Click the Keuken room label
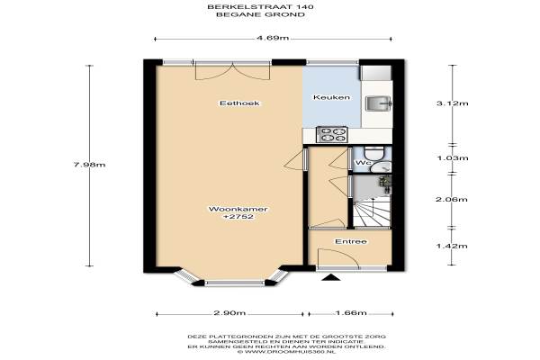pos(331,97)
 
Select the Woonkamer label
pos(238,209)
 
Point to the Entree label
pos(351,241)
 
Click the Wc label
pos(363,163)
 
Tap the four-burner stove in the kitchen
pos(332,134)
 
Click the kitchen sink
pos(378,103)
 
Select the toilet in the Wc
pos(374,153)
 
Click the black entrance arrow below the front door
pos(331,277)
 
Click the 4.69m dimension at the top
pos(273,38)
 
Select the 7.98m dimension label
pos(89,165)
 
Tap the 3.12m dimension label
pos(452,103)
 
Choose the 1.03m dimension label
pos(452,158)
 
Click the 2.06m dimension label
pos(452,199)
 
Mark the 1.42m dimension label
pos(452,246)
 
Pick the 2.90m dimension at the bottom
pos(229,313)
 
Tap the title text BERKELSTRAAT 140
pos(260,6)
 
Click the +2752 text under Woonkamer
pos(238,217)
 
